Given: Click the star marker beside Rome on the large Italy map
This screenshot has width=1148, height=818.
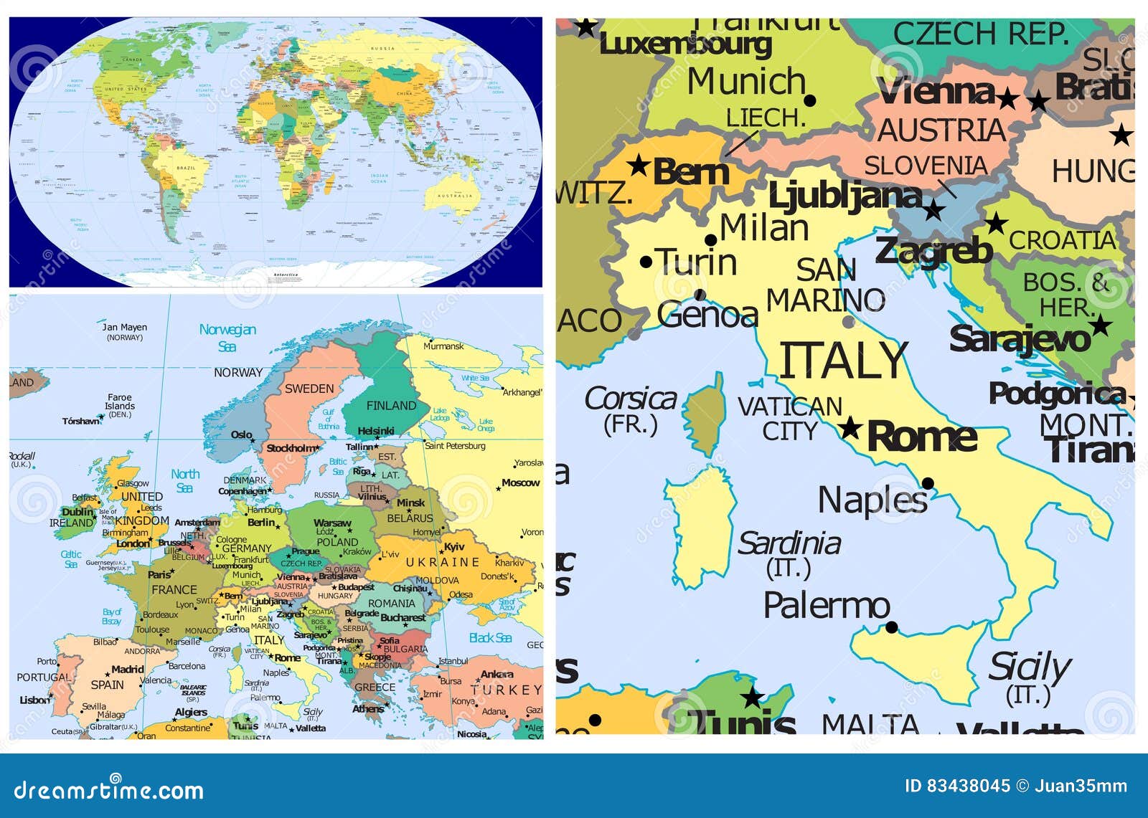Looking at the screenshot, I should coord(850,428).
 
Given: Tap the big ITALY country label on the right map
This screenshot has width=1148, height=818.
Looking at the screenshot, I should coord(844,361).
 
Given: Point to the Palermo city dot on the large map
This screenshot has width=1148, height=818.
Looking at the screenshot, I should coord(891,627).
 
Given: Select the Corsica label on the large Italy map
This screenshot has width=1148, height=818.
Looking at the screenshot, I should coord(630,399).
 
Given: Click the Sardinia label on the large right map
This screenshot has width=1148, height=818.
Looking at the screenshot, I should coord(789,543).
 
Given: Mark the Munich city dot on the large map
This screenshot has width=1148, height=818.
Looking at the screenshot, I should coord(810,100).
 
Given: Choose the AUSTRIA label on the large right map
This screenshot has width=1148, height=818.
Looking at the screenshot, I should coord(942,130).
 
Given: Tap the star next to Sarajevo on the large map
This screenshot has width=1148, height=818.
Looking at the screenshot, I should coord(1100,326).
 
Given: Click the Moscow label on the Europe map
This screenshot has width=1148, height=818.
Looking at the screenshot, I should coord(520,482).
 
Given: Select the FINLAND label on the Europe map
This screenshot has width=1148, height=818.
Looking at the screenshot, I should coord(391,406).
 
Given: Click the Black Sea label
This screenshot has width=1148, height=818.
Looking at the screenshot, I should coord(490,638).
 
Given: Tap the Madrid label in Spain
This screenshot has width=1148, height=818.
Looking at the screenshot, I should coord(128,670).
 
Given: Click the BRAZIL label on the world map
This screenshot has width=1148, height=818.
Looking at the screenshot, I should coord(185,168).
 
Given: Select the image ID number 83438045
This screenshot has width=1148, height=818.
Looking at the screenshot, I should coord(968,786).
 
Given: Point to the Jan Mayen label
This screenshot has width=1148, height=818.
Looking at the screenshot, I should coord(124,328).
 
